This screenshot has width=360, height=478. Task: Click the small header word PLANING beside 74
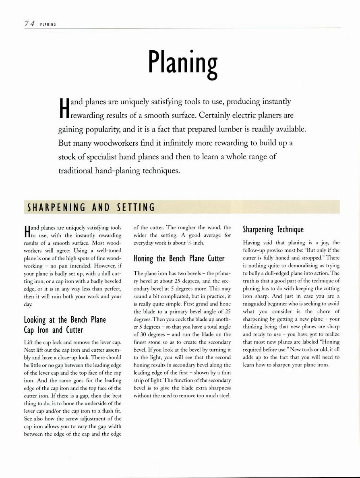pyautogui.click(x=48, y=25)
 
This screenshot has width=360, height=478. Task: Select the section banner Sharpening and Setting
pyautogui.click(x=91, y=208)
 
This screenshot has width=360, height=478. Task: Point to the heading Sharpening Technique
pyautogui.click(x=273, y=230)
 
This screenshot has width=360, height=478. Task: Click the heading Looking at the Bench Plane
pyautogui.click(x=65, y=320)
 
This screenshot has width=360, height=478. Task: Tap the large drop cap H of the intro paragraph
pyautogui.click(x=63, y=108)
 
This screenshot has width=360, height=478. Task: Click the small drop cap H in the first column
pyautogui.click(x=27, y=232)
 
